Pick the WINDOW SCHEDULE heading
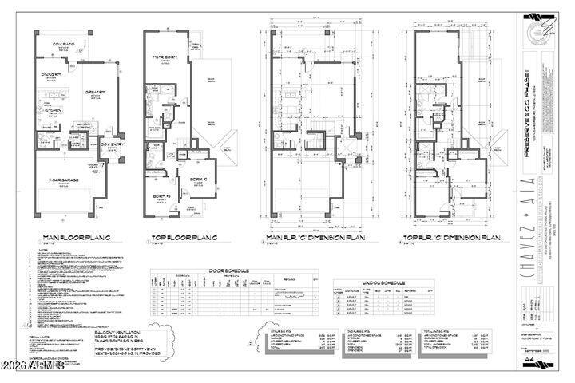361,282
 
